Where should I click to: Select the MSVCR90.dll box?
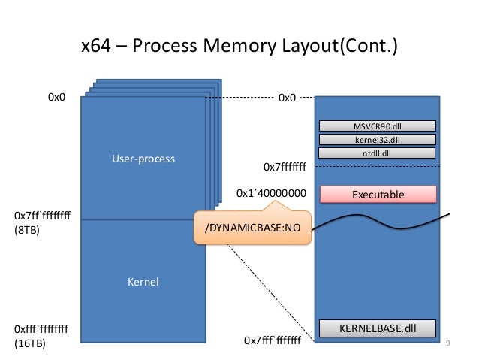(x=377, y=126)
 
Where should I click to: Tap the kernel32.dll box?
(x=377, y=140)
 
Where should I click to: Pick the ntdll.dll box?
(x=377, y=153)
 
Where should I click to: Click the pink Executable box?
(x=378, y=195)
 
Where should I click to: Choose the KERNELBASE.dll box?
(x=378, y=328)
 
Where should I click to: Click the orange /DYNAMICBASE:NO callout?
(x=253, y=227)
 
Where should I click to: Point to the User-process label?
(x=143, y=159)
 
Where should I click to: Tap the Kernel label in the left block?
(x=143, y=282)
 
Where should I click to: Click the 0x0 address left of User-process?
(x=58, y=97)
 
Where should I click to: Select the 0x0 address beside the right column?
(x=287, y=97)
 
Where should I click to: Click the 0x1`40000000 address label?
(x=271, y=193)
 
